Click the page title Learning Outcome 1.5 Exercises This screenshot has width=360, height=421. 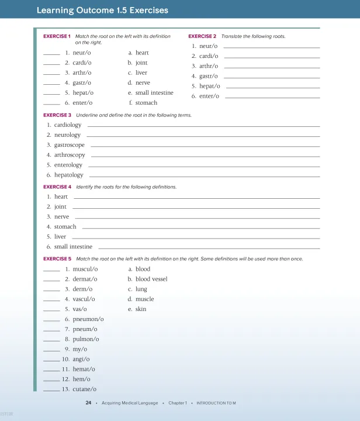pyautogui.click(x=102, y=11)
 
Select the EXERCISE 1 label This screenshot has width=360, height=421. pyautogui.click(x=57, y=36)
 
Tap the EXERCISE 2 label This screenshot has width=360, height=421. pyautogui.click(x=202, y=36)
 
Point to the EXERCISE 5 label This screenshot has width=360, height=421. pyautogui.click(x=57, y=258)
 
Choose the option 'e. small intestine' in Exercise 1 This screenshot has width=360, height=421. pyautogui.click(x=151, y=93)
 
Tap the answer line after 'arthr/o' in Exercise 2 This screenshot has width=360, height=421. pyautogui.click(x=272, y=67)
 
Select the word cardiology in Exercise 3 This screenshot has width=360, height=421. pyautogui.click(x=68, y=125)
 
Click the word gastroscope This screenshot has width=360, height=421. pyautogui.click(x=69, y=145)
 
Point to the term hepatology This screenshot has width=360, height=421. pyautogui.click(x=68, y=175)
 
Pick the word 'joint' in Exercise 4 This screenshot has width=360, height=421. pyautogui.click(x=60, y=207)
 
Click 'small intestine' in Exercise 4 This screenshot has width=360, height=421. pyautogui.click(x=73, y=247)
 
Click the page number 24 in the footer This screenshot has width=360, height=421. pyautogui.click(x=88, y=403)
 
